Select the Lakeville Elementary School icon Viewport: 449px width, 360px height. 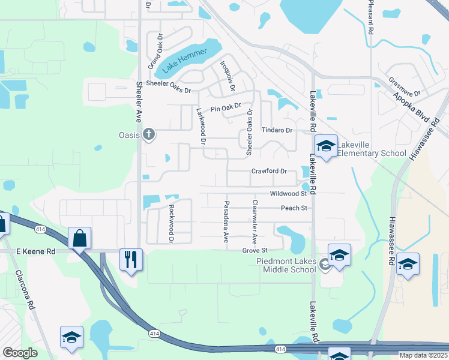click(x=326, y=146)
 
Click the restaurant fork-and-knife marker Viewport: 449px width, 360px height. click(x=131, y=259)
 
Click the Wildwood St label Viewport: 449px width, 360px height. click(x=288, y=194)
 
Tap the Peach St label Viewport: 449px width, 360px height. click(x=294, y=208)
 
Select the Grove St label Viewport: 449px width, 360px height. click(x=254, y=250)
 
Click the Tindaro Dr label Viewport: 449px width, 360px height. click(x=276, y=130)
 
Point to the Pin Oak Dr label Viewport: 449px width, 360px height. click(x=225, y=108)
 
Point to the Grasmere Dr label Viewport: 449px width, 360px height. click(x=405, y=86)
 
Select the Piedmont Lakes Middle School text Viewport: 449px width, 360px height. click(x=286, y=265)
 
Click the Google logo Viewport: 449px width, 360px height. click(x=20, y=353)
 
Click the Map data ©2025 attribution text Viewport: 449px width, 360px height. click(x=423, y=355)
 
